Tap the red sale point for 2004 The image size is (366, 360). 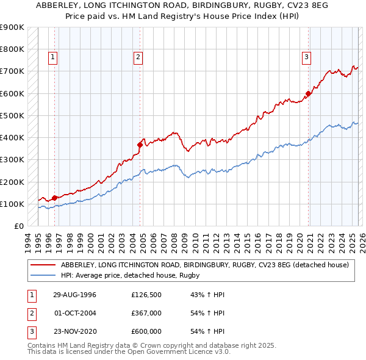140,145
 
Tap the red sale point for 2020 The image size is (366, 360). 308,93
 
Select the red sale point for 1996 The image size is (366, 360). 55,198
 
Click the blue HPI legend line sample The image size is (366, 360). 43,275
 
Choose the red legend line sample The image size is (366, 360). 43,265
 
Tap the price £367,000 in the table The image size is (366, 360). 146,313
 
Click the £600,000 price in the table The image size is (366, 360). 146,331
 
